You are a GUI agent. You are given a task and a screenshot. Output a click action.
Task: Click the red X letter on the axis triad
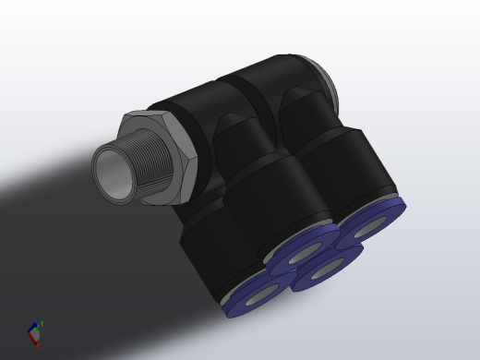tap(37, 344)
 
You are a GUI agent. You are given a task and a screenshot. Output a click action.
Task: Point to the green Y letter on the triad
tap(42, 323)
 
